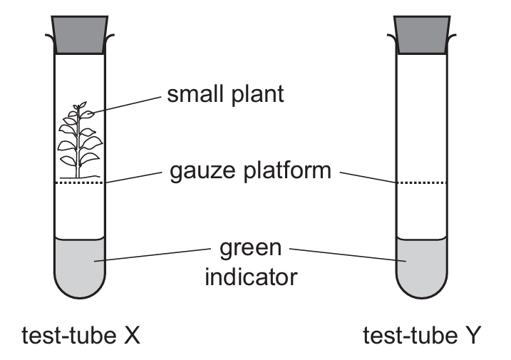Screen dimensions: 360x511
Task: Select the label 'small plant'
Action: click(x=225, y=94)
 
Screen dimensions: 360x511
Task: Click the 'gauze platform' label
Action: click(x=250, y=172)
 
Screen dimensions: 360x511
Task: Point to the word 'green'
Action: click(x=250, y=250)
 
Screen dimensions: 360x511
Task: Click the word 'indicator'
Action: click(x=250, y=276)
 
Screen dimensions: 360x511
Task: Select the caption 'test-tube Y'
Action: click(x=422, y=334)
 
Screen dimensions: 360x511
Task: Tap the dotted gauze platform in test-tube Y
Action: click(x=421, y=183)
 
